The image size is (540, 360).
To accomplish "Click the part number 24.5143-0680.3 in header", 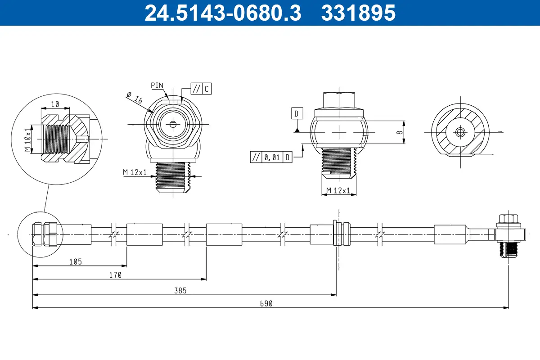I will point(222,13).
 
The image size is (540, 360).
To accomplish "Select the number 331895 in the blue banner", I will point(358,13).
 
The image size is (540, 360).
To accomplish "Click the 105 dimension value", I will point(76,261).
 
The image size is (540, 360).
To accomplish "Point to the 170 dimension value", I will point(115,275).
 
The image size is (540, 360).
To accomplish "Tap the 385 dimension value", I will point(180,291).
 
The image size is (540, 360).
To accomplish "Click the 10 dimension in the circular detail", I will point(55,104).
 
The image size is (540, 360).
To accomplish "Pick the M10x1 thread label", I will point(28,139).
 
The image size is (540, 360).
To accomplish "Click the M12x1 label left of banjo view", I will point(135,172).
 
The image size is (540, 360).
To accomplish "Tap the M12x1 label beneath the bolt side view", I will point(338,191).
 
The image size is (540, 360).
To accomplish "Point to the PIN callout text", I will point(157,85).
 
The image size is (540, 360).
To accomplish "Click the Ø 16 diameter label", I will point(135,98).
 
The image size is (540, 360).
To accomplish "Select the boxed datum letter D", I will point(297,113).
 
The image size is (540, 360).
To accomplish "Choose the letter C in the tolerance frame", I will point(206,89).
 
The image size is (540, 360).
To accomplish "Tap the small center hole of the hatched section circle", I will point(459,132).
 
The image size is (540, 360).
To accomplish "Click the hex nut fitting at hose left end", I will point(44,234).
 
